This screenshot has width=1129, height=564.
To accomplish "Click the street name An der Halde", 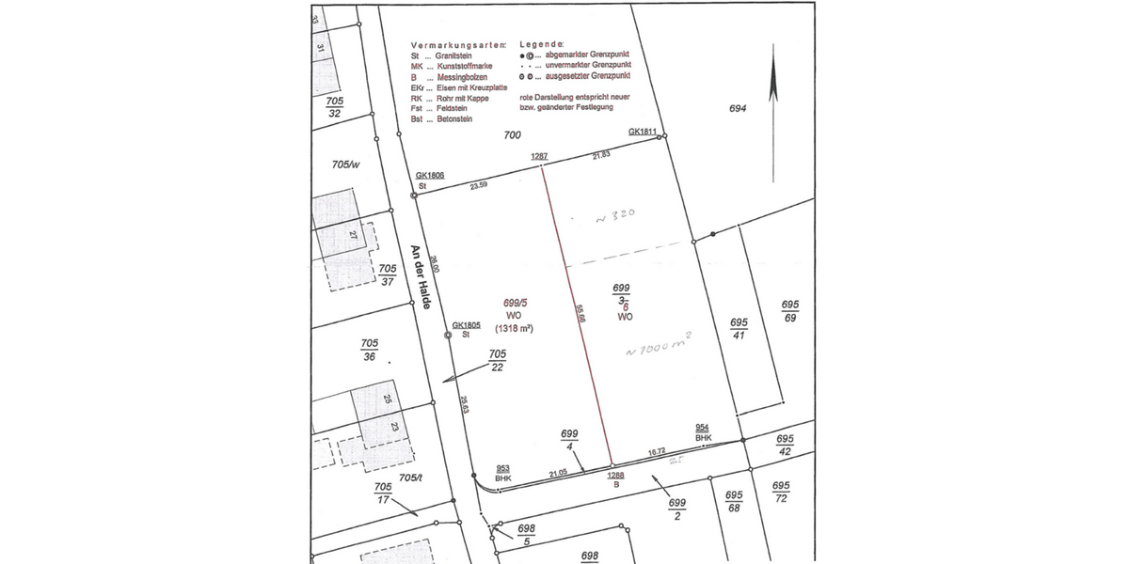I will pos(421,279).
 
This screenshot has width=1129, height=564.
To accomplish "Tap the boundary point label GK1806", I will pos(430,175).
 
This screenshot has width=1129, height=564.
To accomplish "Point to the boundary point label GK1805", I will pos(467,326).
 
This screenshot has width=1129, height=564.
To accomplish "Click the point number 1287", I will pos(539,156).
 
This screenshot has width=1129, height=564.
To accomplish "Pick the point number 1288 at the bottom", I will pos(616,476).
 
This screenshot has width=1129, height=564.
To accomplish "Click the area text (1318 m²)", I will pos(515,329).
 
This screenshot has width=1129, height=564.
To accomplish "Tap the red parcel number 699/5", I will pos(514,304).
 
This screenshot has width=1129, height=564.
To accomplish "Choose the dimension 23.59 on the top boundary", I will pos(478,185).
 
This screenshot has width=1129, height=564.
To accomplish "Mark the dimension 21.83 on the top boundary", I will pos(601,154).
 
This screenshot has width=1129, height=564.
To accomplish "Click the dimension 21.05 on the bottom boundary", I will pos(558,473).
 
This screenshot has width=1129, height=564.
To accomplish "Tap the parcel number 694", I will pos(738,109).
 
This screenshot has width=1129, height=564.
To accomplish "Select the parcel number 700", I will pos(512,135).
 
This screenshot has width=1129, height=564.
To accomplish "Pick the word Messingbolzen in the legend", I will pos(460,77).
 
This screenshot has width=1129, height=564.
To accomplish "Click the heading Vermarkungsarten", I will pos(457,45).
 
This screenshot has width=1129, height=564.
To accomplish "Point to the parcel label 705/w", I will pos(345,164).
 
